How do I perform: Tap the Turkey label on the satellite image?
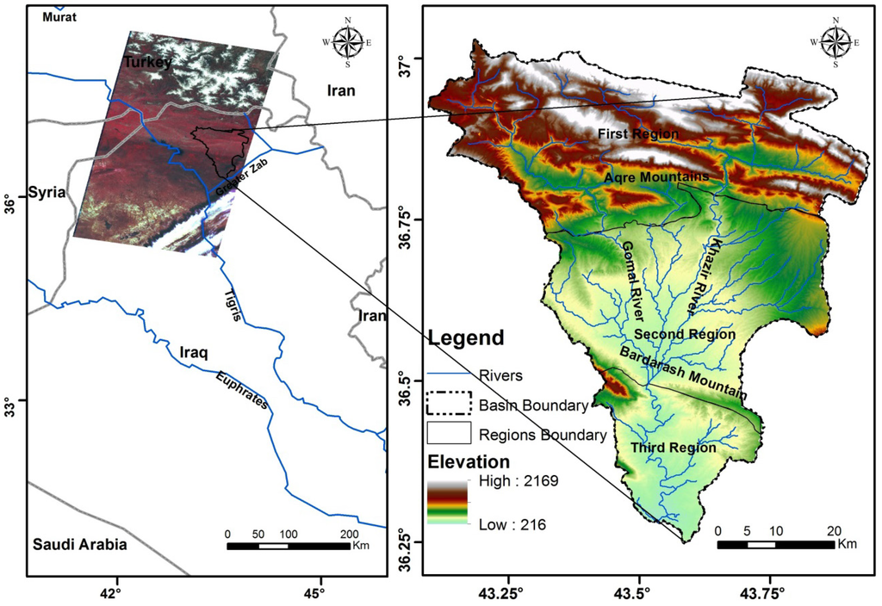pyautogui.click(x=147, y=62)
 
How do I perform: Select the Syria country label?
pyautogui.click(x=47, y=192)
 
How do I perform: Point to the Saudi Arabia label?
pyautogui.click(x=79, y=544)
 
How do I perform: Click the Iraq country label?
pyautogui.click(x=196, y=353)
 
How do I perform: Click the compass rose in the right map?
pyautogui.click(x=834, y=41)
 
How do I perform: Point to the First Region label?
pyautogui.click(x=638, y=134)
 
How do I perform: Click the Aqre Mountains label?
pyautogui.click(x=656, y=176)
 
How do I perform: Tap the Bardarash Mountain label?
pyautogui.click(x=680, y=372)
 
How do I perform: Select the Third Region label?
pyautogui.click(x=673, y=448)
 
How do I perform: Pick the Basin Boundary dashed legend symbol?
pyautogui.click(x=450, y=403)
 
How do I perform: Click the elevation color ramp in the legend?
pyautogui.click(x=447, y=502)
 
